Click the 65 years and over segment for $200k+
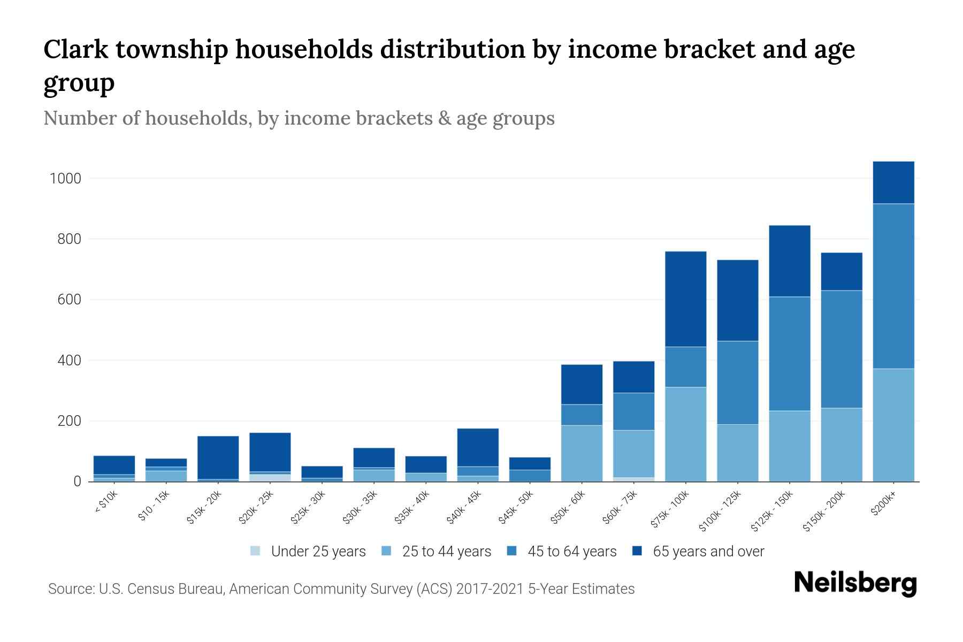893,182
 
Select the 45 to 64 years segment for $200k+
893,286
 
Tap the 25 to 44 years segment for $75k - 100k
685,434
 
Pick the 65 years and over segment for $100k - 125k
737,300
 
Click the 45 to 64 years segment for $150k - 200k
842,349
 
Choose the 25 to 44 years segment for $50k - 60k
582,453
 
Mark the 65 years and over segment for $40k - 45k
478,447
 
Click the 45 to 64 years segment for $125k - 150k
789,354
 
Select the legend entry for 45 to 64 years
561,552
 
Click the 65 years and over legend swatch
637,551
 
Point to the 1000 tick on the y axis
65,179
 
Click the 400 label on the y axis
70,361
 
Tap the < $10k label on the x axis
106,504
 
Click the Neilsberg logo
855,584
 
